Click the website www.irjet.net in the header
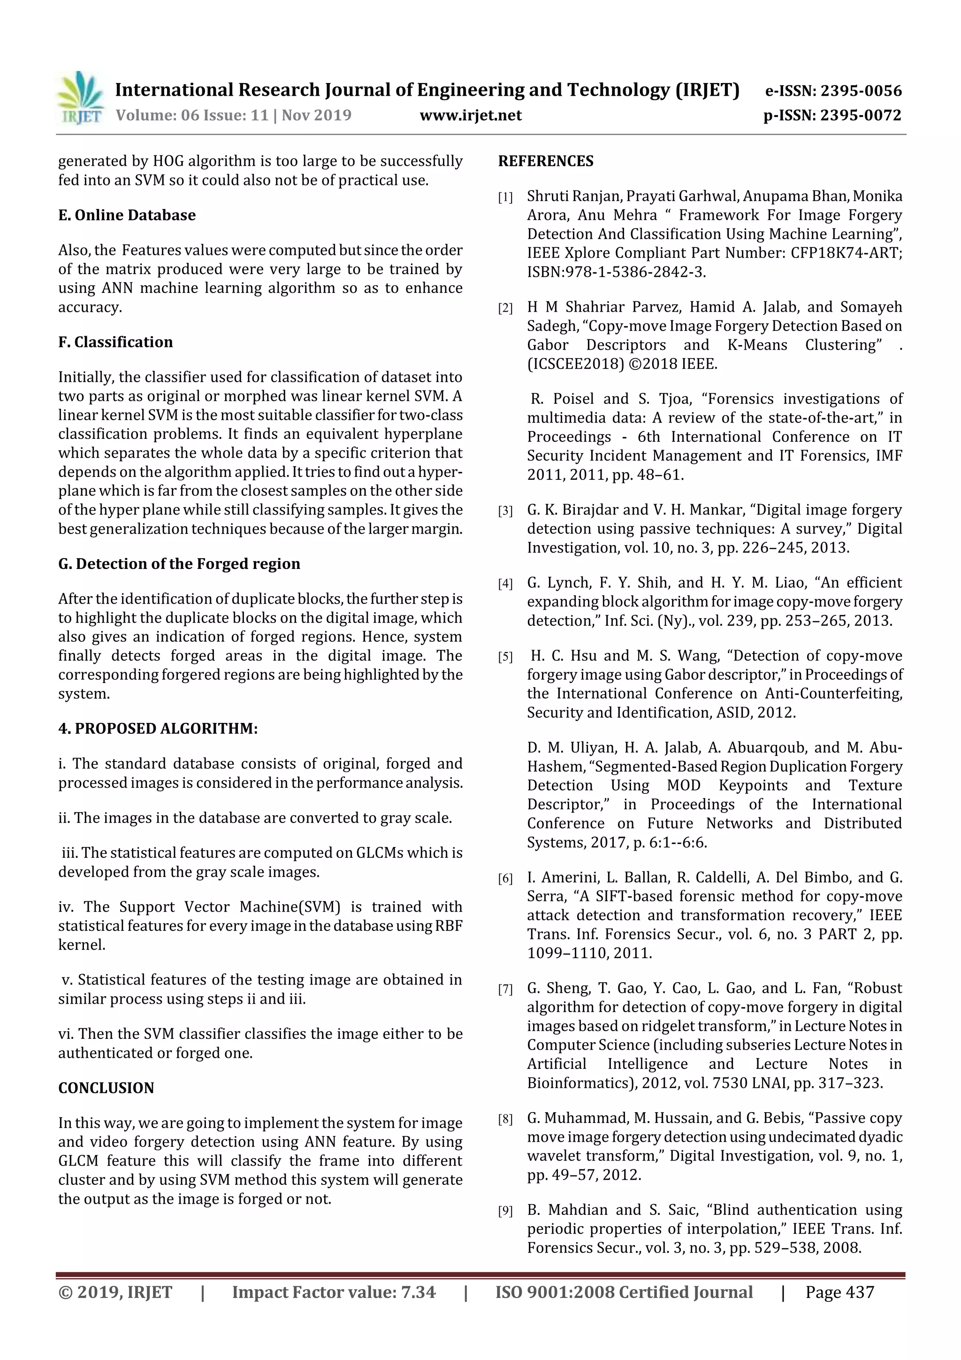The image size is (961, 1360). click(470, 115)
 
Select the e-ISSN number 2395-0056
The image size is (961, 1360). click(860, 91)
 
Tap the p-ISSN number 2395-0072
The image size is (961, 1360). click(860, 115)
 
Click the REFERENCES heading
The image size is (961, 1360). click(545, 161)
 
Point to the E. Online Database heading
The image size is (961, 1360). click(127, 215)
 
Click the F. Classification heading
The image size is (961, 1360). click(115, 342)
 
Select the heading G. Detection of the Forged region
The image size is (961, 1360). click(179, 564)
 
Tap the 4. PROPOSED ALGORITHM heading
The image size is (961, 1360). click(158, 729)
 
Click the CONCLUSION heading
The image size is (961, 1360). click(106, 1088)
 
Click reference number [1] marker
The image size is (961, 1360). click(505, 198)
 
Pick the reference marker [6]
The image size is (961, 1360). click(505, 879)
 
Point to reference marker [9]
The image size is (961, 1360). click(505, 1212)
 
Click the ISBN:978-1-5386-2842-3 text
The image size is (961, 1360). click(616, 272)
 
